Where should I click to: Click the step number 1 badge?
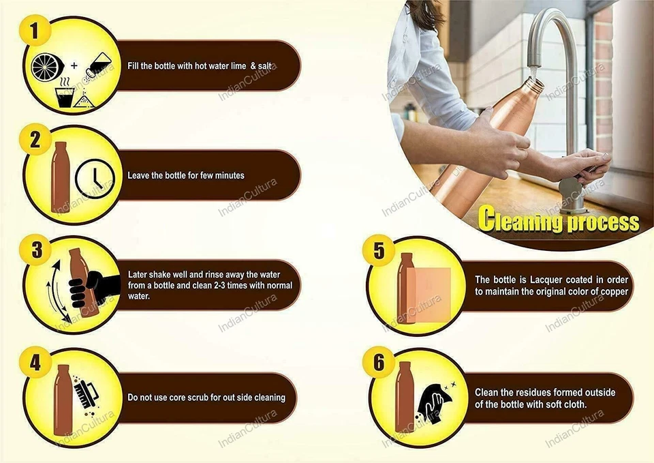coord(35,31)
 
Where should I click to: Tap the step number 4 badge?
coord(35,362)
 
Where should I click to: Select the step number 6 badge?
coord(378,362)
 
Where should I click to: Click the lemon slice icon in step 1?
coord(47,68)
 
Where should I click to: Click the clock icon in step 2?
coord(95,179)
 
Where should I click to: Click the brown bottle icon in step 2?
coord(61,177)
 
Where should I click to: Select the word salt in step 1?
coord(265,66)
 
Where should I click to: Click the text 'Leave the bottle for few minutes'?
coord(186,175)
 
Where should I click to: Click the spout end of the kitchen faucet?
coord(534,67)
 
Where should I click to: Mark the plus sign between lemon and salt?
coord(74,65)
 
